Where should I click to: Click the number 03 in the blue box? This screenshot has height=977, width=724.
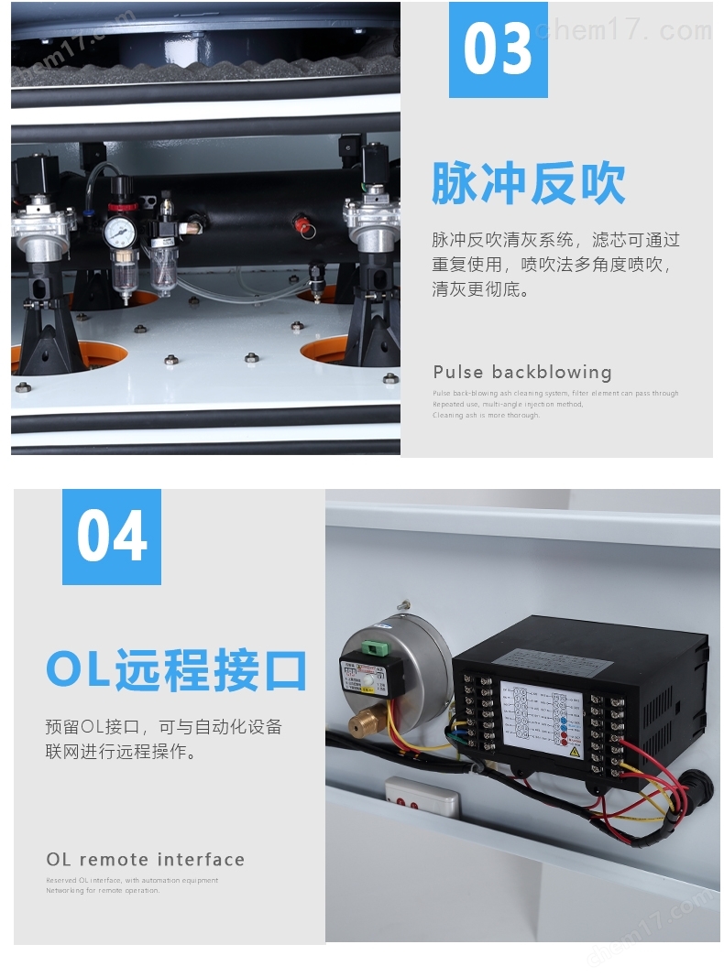pyautogui.click(x=498, y=49)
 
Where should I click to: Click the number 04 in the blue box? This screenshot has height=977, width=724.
pyautogui.click(x=112, y=537)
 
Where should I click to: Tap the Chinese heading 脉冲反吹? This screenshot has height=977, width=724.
pyautogui.click(x=529, y=184)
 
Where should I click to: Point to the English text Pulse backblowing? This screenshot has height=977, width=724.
pyautogui.click(x=522, y=373)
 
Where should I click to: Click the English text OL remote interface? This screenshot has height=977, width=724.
pyautogui.click(x=146, y=860)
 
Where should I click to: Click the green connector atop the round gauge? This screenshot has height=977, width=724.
pyautogui.click(x=374, y=648)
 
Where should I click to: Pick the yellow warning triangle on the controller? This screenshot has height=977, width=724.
pyautogui.click(x=574, y=750)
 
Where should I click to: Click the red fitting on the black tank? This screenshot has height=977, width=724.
pyautogui.click(x=297, y=221)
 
